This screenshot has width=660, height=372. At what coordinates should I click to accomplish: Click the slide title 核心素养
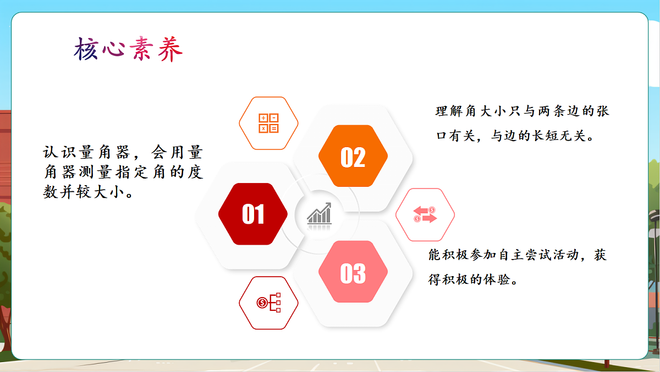[x=128, y=50]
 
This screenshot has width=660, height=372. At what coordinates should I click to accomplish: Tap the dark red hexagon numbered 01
[x=253, y=214]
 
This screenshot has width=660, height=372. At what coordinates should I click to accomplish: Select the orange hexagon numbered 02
[x=353, y=157]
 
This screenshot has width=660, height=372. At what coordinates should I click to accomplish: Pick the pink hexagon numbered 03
[x=353, y=272]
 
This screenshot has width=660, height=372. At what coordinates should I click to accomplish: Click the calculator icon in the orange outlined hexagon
[x=268, y=123]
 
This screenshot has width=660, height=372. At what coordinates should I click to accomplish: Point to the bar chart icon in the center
[x=320, y=214]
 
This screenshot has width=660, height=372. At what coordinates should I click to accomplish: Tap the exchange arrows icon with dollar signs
[x=425, y=214]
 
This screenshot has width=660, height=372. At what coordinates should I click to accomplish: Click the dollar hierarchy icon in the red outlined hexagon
[x=268, y=303]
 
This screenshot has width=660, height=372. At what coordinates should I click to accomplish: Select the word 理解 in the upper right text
[x=449, y=111]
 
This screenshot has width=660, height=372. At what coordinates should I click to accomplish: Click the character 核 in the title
[x=86, y=50]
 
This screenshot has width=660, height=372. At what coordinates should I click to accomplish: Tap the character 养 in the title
[x=170, y=50]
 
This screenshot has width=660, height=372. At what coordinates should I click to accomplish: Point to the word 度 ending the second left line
[x=195, y=172]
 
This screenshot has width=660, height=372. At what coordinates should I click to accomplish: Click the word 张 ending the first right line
[x=603, y=111]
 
